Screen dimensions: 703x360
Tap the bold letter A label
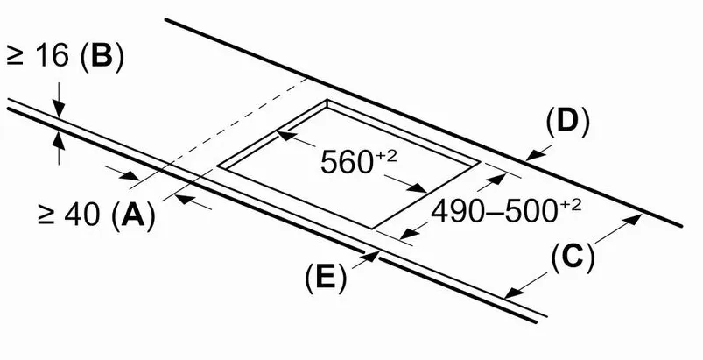coord(133,215)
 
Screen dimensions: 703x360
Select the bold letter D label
coord(567,122)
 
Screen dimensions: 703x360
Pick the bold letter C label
coord(573,258)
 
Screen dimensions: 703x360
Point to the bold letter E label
coord(326,277)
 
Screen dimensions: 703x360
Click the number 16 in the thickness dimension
coord(52,57)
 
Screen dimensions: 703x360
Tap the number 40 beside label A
coord(82,215)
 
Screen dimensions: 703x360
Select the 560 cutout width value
coord(346,162)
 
